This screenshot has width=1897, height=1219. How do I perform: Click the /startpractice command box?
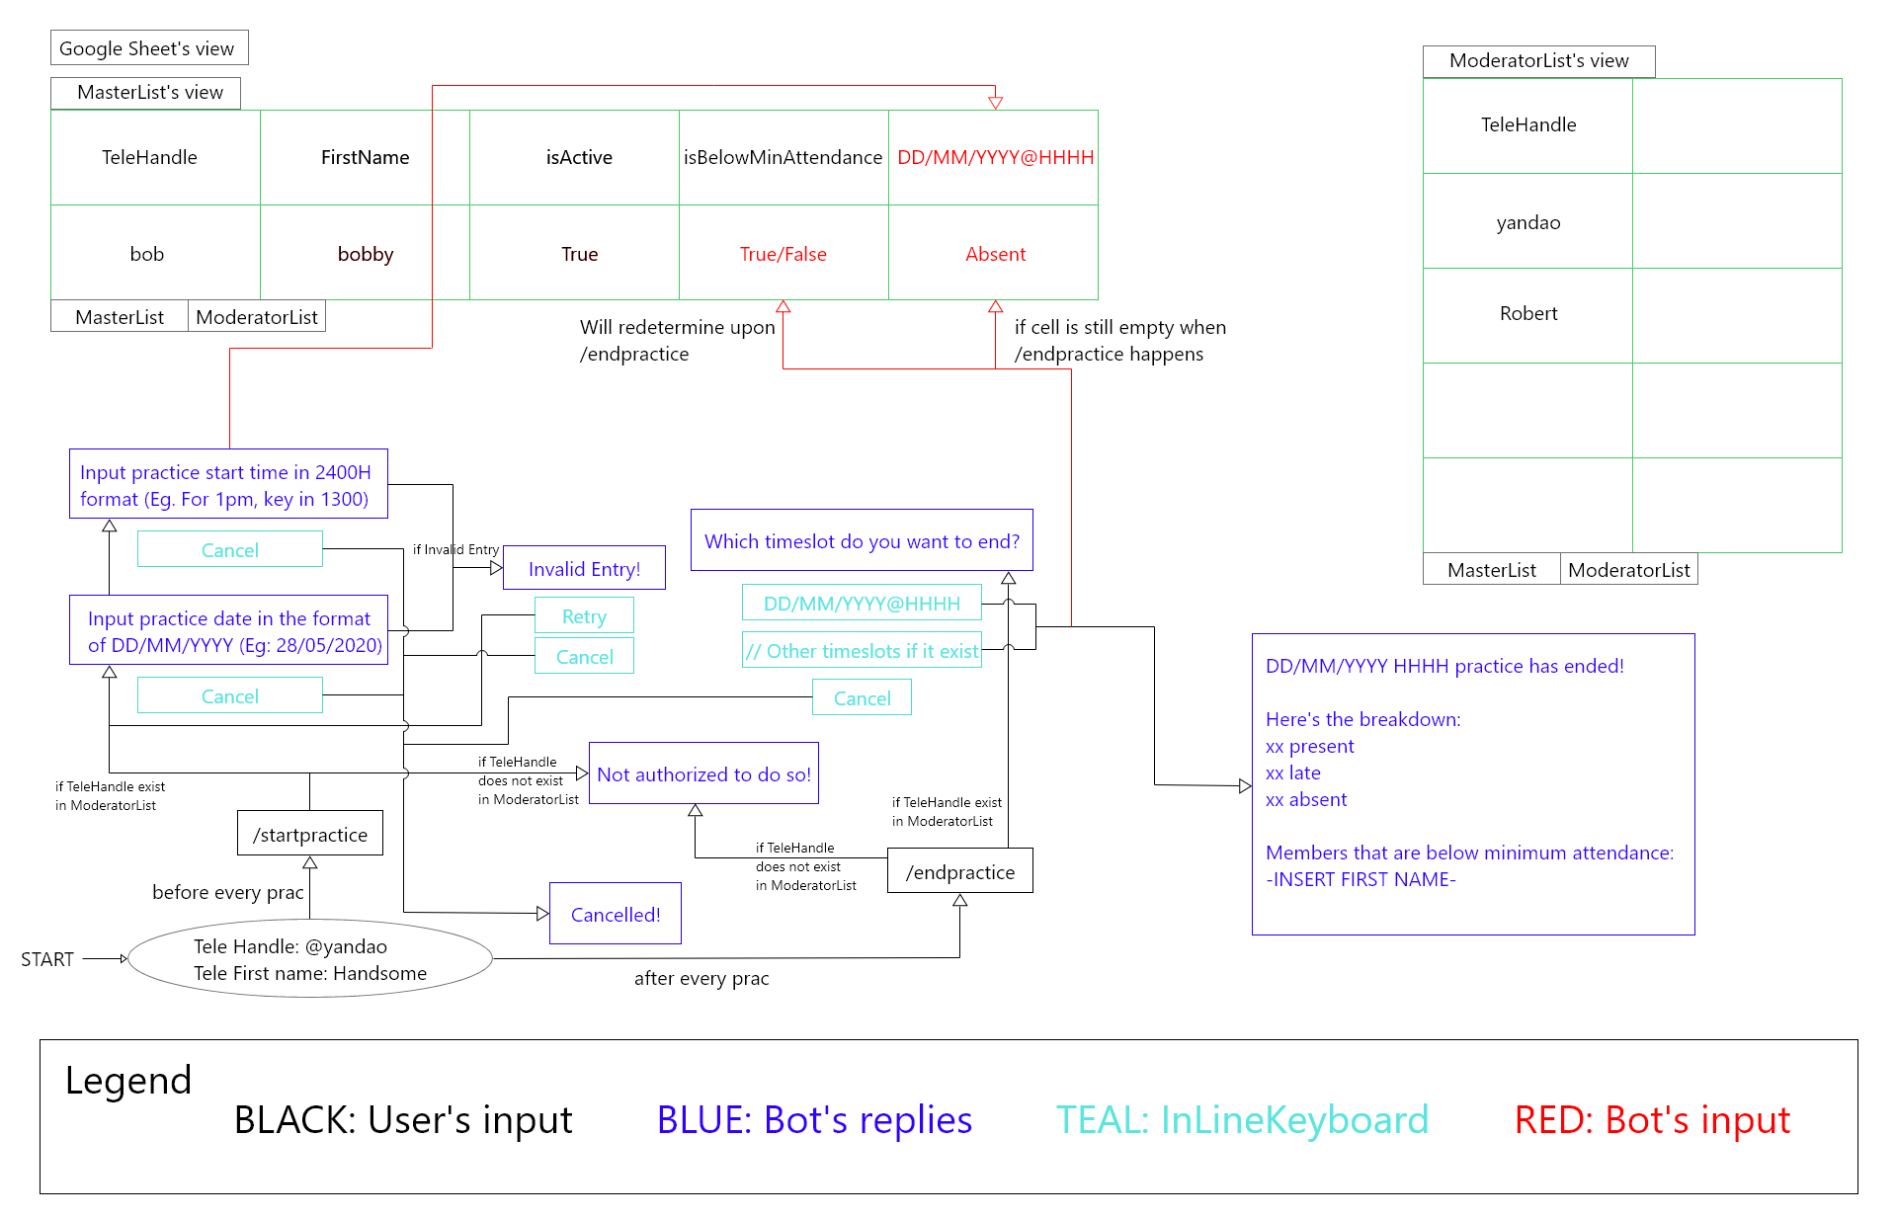[x=309, y=834]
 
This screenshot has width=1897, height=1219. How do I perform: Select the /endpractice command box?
[x=959, y=871]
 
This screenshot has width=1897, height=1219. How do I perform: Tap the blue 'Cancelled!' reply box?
[x=615, y=914]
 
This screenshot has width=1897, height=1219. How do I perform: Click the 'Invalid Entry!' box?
[x=584, y=568]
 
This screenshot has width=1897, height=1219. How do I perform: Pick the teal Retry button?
[x=584, y=615]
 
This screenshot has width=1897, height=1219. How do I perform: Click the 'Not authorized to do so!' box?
[x=703, y=773]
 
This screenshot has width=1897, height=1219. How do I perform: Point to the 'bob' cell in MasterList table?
[x=147, y=254]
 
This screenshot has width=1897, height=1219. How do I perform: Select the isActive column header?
[x=579, y=157]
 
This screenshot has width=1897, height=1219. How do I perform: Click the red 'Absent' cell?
[x=995, y=254]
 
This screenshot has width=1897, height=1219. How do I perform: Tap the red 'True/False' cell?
[x=783, y=254]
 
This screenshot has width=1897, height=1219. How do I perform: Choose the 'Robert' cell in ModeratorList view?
[x=1527, y=313]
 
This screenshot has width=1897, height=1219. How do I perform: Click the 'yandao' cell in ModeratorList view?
[x=1527, y=222]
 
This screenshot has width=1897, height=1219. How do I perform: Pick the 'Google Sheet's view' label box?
[x=149, y=47]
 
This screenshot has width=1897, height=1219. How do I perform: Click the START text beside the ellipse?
[x=47, y=959]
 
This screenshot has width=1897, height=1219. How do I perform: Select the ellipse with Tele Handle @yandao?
[x=310, y=959]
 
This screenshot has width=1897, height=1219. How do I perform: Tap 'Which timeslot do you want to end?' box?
[x=862, y=540]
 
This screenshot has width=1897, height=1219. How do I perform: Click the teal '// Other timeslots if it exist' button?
[x=862, y=650]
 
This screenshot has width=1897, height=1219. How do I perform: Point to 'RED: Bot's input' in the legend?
[x=1651, y=1119]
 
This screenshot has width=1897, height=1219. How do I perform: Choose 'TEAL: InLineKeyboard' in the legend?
[x=1242, y=1119]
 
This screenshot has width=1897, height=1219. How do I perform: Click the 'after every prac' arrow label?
[x=701, y=978]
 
